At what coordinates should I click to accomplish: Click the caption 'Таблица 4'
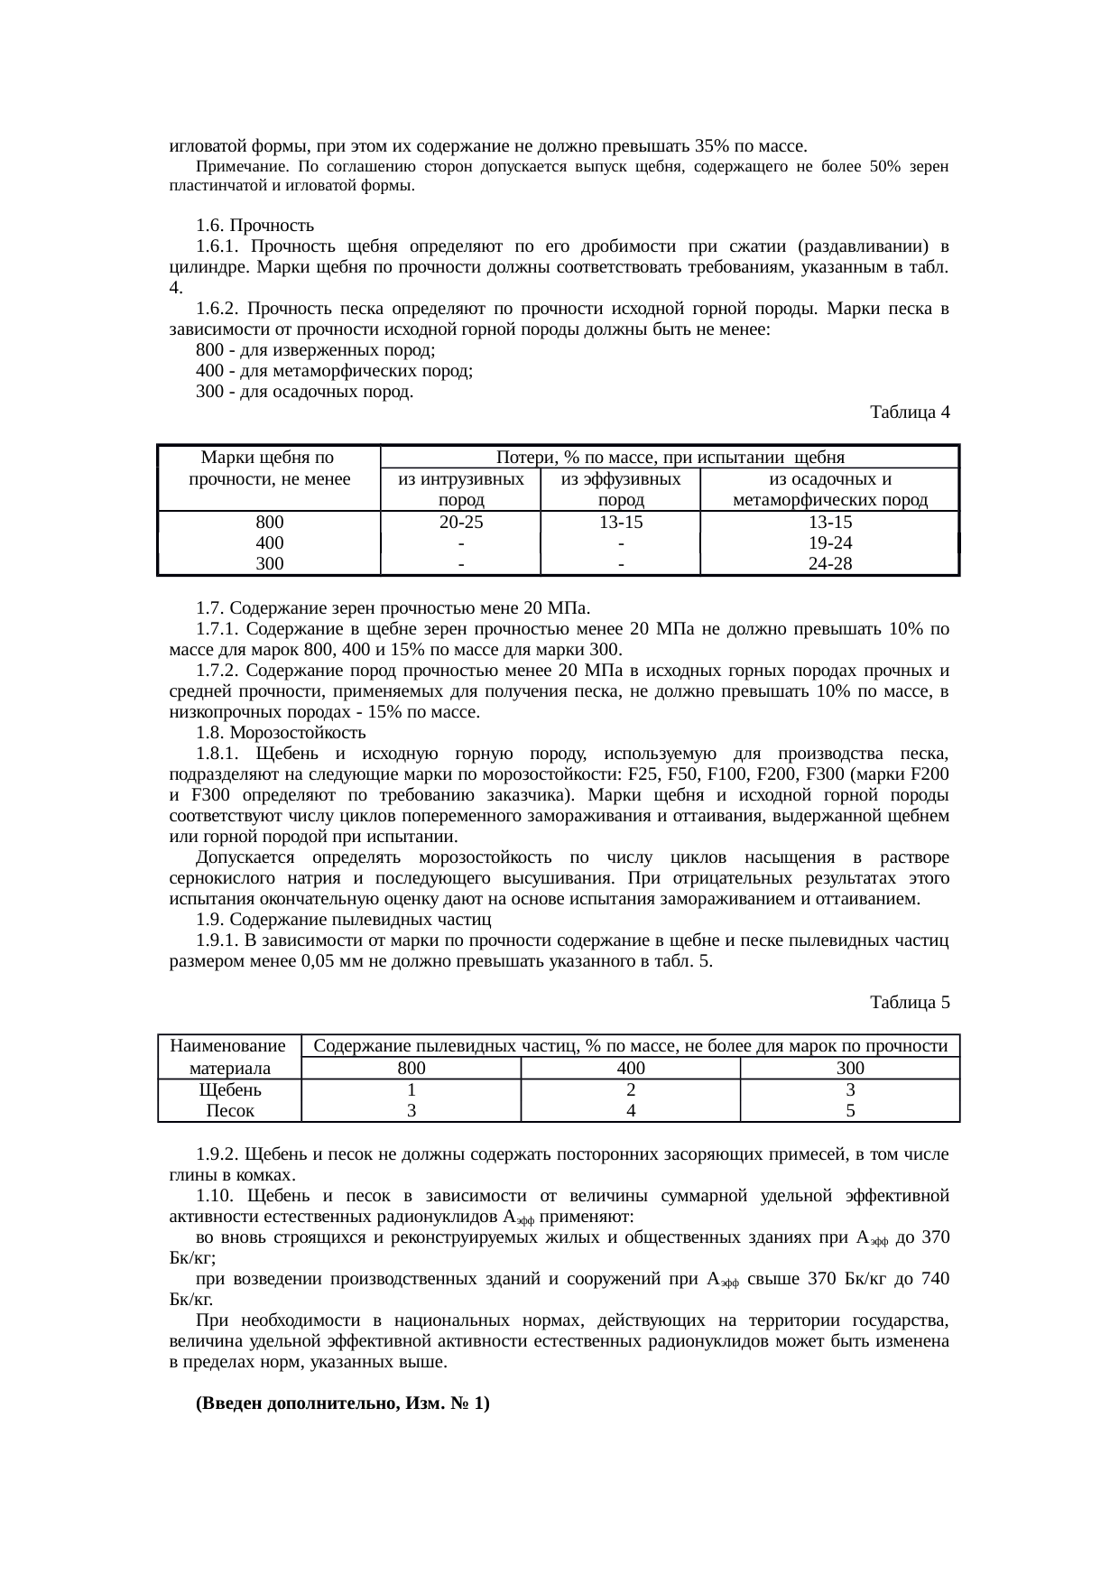(909, 412)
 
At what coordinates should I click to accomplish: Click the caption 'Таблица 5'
(909, 1003)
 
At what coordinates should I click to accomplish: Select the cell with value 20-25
(460, 523)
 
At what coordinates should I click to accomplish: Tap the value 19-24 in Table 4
(829, 543)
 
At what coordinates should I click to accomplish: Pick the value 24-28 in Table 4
(829, 564)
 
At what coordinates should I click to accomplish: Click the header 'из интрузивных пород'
(460, 490)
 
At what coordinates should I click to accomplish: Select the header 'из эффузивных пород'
(620, 490)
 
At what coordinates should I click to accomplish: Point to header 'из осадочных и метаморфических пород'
(829, 490)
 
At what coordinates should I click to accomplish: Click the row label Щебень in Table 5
(229, 1090)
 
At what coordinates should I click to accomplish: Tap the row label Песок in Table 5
(229, 1111)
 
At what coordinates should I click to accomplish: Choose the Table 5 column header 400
(630, 1069)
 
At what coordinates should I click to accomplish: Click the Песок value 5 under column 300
(849, 1111)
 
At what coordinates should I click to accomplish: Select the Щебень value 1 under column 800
(411, 1090)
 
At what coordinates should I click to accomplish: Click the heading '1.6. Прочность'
(254, 225)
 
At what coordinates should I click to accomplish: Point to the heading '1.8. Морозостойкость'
(281, 733)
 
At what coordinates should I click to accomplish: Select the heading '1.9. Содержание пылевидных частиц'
(343, 920)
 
